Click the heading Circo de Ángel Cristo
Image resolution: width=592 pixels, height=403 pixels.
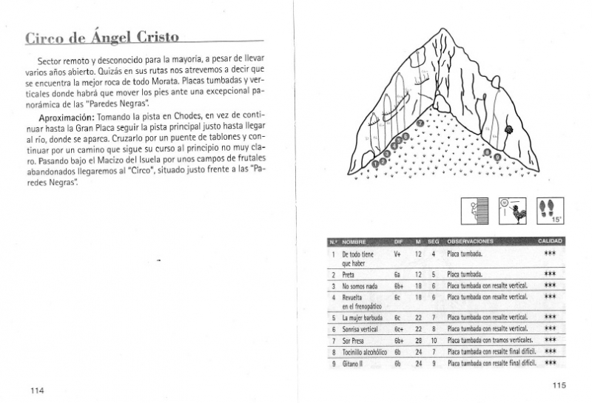(x=102, y=38)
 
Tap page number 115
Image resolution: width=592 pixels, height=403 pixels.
(x=559, y=385)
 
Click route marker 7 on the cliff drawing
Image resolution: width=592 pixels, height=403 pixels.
(x=420, y=123)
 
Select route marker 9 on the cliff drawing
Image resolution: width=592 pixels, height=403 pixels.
(x=497, y=157)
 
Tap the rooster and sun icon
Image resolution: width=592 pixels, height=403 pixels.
(x=512, y=210)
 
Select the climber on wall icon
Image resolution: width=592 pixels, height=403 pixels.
(x=474, y=210)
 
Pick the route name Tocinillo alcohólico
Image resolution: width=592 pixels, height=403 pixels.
(x=365, y=352)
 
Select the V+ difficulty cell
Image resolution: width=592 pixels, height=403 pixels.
(x=397, y=254)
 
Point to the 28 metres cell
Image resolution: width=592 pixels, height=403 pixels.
(x=418, y=341)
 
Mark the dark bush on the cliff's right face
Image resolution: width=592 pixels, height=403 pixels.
(x=508, y=131)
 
